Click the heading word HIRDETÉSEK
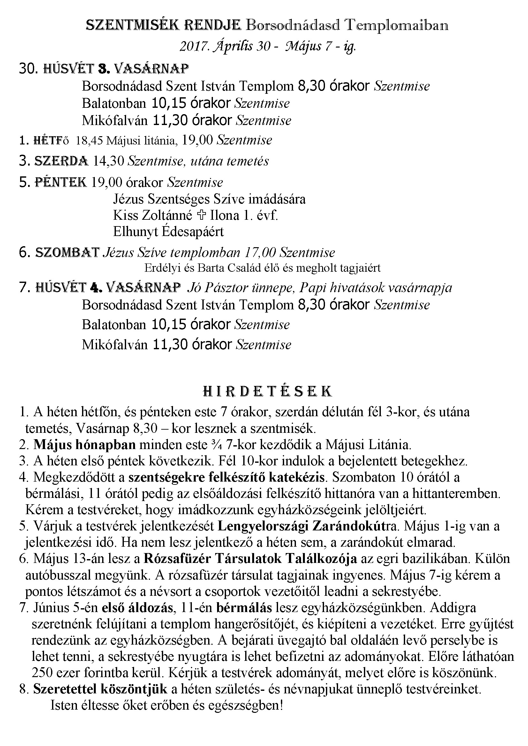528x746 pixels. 267,392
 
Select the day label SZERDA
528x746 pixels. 61,161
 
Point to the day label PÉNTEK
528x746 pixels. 61,182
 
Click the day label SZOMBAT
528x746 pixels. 67,253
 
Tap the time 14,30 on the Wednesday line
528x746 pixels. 109,161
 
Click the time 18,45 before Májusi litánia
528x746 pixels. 89,140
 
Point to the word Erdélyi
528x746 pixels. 159,268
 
